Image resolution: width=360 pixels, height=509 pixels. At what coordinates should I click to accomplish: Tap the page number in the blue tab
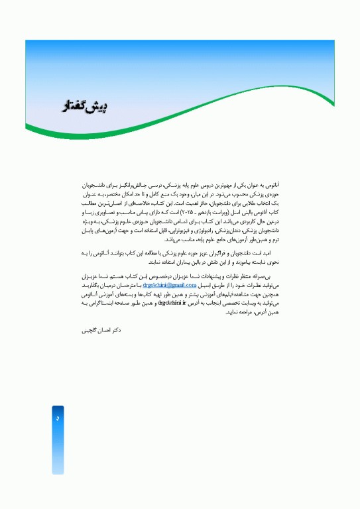(x=58, y=419)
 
